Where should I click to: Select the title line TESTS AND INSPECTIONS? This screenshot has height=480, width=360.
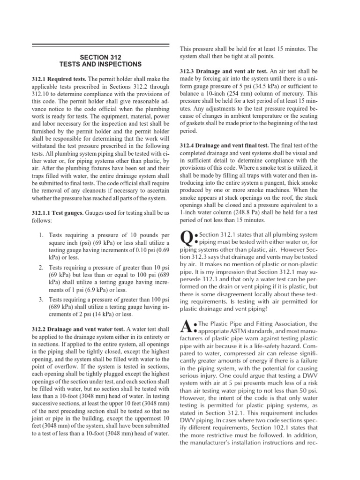[x=100, y=64]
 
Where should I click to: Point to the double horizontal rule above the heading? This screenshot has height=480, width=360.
[x=100, y=45]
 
